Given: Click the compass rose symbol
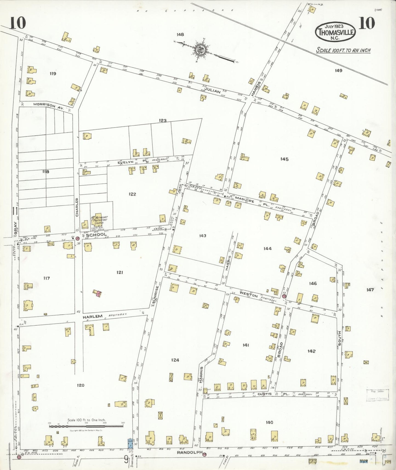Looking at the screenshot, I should pyautogui.click(x=200, y=50).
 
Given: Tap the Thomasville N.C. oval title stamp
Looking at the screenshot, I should pyautogui.click(x=335, y=32).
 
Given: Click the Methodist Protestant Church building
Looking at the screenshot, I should pyautogui.click(x=98, y=220).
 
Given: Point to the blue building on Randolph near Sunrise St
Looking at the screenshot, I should pyautogui.click(x=130, y=443).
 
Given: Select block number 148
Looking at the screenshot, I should pyautogui.click(x=180, y=35).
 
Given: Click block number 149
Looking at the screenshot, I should pyautogui.click(x=338, y=70).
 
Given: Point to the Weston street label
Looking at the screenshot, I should pyautogui.click(x=249, y=295).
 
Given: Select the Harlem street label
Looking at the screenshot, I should pyautogui.click(x=93, y=316).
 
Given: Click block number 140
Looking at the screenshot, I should pyautogui.click(x=269, y=422).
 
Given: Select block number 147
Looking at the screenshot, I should pyautogui.click(x=370, y=290).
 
